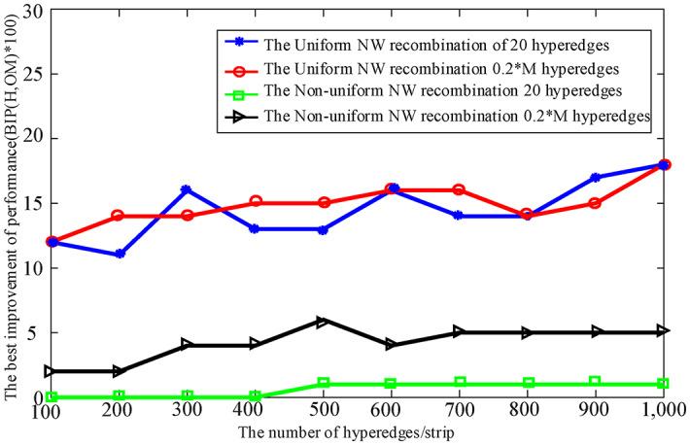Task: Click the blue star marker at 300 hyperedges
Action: click(x=188, y=189)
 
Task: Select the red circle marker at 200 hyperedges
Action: click(x=120, y=216)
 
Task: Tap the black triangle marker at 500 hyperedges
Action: click(x=324, y=320)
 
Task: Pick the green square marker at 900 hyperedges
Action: click(x=596, y=383)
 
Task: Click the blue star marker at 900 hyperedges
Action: click(x=596, y=178)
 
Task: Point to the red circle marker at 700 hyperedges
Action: click(x=460, y=189)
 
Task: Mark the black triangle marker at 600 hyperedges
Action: click(x=392, y=345)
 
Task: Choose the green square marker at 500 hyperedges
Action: click(x=324, y=384)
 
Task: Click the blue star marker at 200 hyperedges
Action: click(x=120, y=255)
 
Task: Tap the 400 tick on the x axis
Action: click(x=255, y=413)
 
